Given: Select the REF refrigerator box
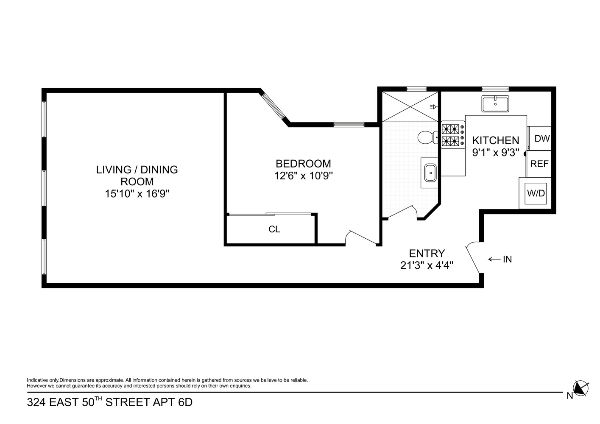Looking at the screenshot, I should click(x=539, y=164).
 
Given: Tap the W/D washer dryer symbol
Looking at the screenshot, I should click(x=536, y=193).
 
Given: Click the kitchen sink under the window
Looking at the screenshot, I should click(x=495, y=104).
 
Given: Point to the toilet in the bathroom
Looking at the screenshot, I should click(x=426, y=137).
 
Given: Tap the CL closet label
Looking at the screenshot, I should click(x=274, y=229).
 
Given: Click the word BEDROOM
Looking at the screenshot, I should click(x=303, y=164).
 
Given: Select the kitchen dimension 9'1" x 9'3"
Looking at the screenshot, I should click(x=496, y=153).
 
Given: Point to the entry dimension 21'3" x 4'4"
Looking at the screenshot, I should click(x=427, y=265).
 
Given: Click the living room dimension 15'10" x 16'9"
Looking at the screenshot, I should click(x=137, y=194).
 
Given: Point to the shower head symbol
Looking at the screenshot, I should click(x=433, y=107).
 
